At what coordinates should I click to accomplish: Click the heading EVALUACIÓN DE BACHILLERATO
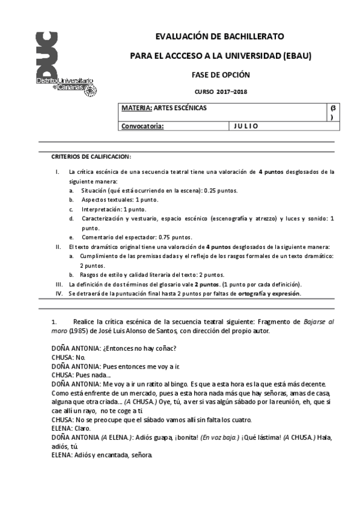220,36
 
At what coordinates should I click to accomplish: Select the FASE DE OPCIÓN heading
220,75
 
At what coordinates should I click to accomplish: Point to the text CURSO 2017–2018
221,92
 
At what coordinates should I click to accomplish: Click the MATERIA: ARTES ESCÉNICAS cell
163,108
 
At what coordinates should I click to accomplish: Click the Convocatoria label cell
142,126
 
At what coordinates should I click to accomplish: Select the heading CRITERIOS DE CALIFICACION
91,156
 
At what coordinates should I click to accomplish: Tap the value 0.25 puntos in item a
217,191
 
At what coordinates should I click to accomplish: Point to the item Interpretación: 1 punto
114,209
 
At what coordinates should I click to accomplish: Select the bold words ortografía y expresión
269,293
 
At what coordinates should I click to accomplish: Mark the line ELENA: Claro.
69,428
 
